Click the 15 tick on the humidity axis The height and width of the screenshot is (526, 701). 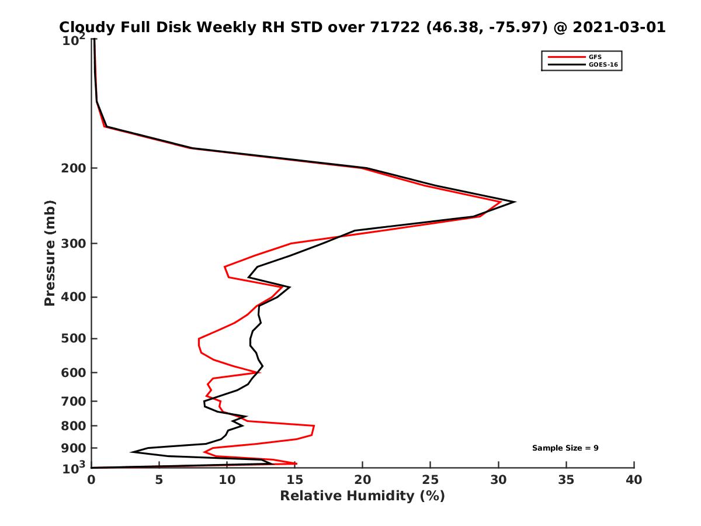point(295,480)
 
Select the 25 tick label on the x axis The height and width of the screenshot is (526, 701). point(431,480)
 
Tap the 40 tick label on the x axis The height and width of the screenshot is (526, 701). point(634,480)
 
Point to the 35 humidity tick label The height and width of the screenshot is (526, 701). point(566,480)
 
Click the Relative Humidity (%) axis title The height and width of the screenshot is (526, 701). point(362,496)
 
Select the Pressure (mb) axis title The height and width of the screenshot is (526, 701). point(50,252)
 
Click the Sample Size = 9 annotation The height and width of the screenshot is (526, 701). point(565,448)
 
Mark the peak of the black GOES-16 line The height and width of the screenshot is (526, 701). point(514,202)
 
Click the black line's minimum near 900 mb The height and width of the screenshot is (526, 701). point(133,452)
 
